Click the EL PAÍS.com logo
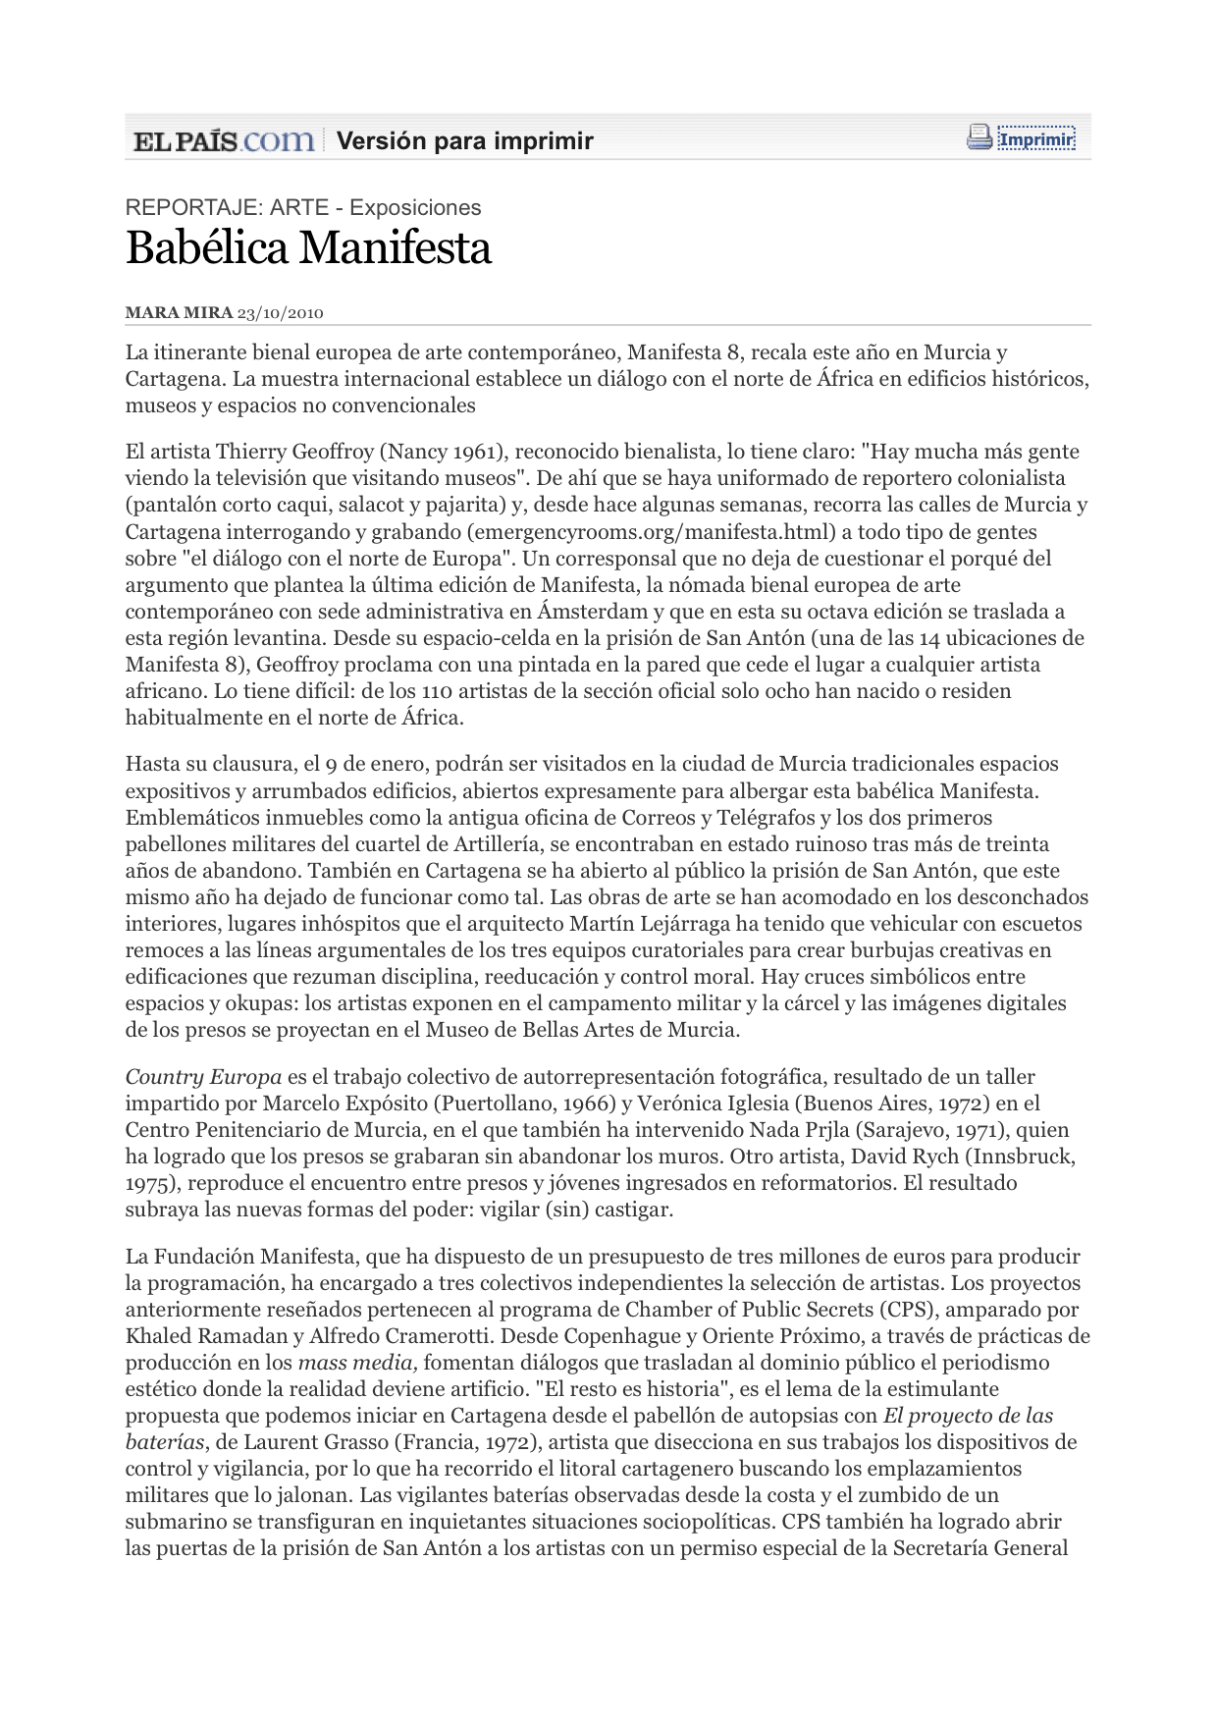pyautogui.click(x=224, y=140)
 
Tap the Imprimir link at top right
pyautogui.click(x=1036, y=139)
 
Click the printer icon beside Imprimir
pyautogui.click(x=979, y=137)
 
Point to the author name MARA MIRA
pyautogui.click(x=179, y=313)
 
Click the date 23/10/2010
pyautogui.click(x=281, y=313)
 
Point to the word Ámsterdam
pyautogui.click(x=585, y=612)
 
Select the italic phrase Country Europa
pyautogui.click(x=203, y=1077)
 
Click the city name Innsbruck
pyautogui.click(x=1022, y=1157)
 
